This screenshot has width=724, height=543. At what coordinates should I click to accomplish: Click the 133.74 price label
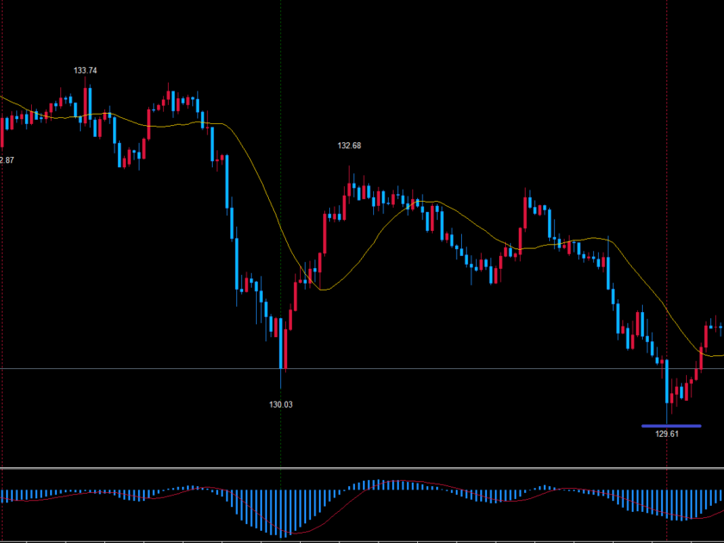(x=85, y=71)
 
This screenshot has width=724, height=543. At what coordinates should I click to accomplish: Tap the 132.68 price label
(x=349, y=146)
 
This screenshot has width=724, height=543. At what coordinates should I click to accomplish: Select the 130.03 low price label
(x=281, y=404)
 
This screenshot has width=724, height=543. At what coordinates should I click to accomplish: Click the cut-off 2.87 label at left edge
(x=6, y=160)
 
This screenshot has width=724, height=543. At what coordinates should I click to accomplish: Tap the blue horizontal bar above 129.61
(x=671, y=425)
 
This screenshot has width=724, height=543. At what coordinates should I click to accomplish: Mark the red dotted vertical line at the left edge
(x=2, y=259)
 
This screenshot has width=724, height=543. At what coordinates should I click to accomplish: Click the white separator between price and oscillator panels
(x=362, y=469)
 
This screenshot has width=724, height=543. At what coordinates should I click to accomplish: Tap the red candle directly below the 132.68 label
(x=349, y=189)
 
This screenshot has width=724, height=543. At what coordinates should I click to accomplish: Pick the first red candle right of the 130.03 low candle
(x=290, y=322)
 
